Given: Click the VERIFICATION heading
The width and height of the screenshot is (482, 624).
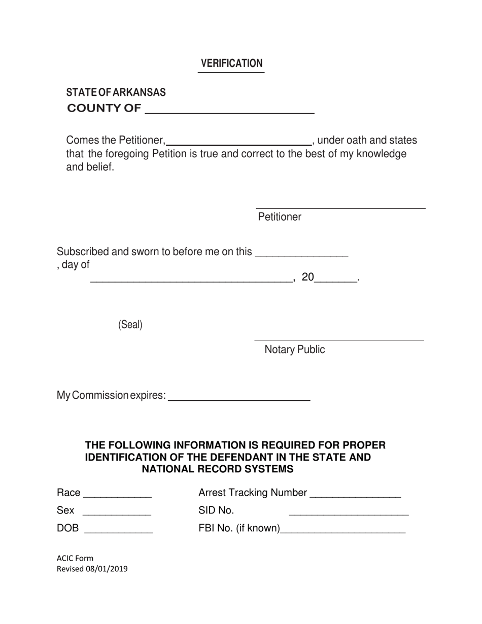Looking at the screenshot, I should [231, 63].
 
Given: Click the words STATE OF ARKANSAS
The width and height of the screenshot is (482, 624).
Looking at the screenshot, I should [116, 92].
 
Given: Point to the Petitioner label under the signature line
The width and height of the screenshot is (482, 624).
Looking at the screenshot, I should [280, 217].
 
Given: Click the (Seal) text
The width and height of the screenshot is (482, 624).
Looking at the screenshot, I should [130, 325].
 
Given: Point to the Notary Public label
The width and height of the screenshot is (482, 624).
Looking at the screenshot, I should [295, 350].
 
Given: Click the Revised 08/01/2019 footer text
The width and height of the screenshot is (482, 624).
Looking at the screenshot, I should [92, 569].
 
